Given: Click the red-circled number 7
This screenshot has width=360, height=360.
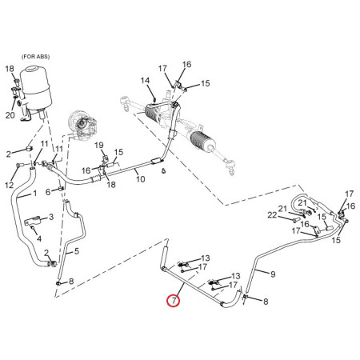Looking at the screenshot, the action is (174, 301).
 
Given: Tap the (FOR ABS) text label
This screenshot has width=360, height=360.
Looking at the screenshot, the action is (35, 57).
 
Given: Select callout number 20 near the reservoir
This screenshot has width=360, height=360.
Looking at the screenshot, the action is (10, 115).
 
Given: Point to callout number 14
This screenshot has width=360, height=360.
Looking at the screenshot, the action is (145, 80).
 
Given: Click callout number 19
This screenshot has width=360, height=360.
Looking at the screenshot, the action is (99, 146).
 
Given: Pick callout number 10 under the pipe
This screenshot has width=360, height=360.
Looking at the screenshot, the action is (141, 179).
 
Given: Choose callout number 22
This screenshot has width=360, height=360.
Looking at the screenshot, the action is (272, 215).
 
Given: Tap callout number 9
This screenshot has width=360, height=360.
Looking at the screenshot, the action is (273, 274).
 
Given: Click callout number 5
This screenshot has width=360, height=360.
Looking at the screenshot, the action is (77, 251).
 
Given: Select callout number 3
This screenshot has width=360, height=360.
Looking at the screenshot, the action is (51, 217).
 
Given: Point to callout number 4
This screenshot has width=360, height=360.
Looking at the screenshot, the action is (39, 238).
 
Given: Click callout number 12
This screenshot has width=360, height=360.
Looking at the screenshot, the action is (10, 185).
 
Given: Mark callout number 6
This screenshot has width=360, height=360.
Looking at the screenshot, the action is (48, 192).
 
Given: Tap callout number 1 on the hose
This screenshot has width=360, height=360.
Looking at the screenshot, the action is (34, 194).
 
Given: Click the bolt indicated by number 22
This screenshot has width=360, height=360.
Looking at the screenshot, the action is (294, 220).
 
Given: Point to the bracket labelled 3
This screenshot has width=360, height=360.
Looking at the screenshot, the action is (33, 222).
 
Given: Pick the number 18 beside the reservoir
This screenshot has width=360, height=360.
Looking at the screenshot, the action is (10, 69).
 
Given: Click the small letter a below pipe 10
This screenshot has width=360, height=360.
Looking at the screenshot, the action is (163, 171).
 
